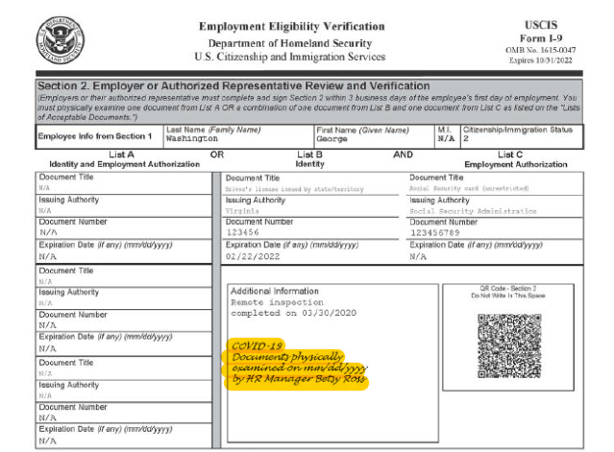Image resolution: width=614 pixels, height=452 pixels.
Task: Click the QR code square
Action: [509, 345]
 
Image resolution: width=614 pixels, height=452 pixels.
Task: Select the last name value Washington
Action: [193, 138]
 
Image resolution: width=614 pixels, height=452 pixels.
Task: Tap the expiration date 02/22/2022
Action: [252, 256]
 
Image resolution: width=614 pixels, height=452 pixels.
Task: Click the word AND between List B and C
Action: [403, 154]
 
